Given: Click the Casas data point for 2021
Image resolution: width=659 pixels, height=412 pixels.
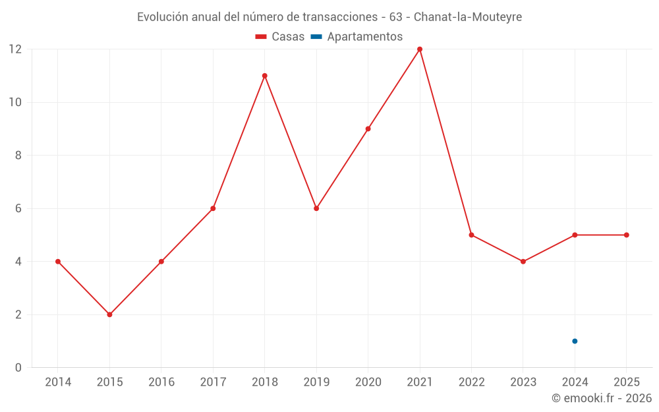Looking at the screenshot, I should [420, 49].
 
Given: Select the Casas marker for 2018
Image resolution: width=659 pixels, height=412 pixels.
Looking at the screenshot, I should [264, 76].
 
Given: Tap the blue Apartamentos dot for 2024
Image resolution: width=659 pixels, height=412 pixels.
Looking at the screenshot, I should [575, 341].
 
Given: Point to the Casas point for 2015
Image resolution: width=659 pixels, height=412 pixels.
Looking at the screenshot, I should [109, 314].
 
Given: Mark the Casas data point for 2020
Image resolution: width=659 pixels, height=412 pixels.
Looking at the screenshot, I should [368, 129].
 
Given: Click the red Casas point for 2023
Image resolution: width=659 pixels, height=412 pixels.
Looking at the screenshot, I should [523, 262].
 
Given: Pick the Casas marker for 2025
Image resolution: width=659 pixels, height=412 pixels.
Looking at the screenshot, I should [626, 235].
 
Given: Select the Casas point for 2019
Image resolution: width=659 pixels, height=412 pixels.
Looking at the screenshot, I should [316, 208].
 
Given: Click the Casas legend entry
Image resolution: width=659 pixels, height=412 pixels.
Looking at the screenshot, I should [280, 37].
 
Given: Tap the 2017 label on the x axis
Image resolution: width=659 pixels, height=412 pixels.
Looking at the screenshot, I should [213, 382].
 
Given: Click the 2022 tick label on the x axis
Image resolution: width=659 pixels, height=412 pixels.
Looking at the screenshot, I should [471, 382].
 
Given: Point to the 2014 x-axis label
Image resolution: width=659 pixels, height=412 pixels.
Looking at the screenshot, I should [58, 382].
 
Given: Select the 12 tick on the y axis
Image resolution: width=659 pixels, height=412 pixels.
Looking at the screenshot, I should [14, 49].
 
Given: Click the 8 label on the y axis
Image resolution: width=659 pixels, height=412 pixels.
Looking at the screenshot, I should [18, 156].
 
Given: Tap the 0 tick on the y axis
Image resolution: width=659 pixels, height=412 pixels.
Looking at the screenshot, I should [18, 367].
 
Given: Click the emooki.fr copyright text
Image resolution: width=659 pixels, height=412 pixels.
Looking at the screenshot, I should [601, 398].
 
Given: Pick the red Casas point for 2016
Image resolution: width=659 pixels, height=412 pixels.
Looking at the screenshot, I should [161, 262].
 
